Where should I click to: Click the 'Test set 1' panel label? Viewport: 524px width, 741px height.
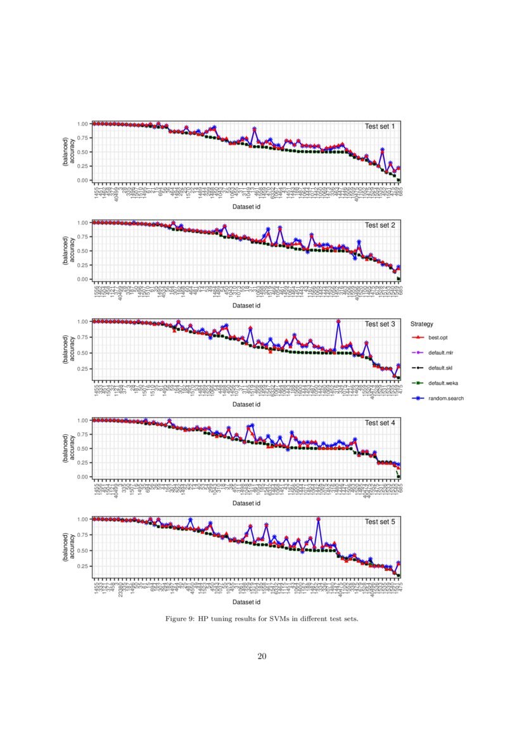(x=380, y=126)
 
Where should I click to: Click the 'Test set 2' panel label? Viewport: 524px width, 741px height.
(x=380, y=225)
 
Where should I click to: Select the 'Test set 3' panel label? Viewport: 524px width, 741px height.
(x=380, y=324)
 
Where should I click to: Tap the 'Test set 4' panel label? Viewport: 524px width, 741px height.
(x=380, y=423)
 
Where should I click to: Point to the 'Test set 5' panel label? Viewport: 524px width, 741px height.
(x=380, y=522)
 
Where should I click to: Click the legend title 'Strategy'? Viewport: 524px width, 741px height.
(x=421, y=324)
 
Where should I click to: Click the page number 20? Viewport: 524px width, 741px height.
(x=262, y=655)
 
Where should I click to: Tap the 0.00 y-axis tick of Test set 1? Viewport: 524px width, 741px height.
(x=82, y=181)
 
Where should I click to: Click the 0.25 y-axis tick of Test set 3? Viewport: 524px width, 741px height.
(x=82, y=369)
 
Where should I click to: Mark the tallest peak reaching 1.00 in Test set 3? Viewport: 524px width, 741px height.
(x=338, y=322)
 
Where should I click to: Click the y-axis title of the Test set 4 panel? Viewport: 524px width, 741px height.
(x=69, y=448)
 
